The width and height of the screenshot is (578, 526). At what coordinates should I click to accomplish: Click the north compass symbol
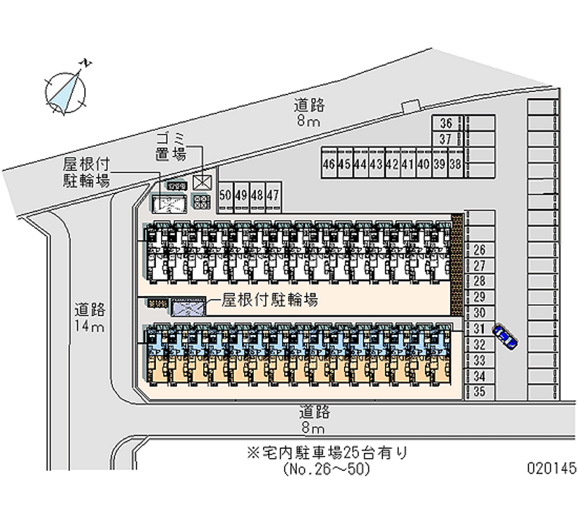pos(66,90)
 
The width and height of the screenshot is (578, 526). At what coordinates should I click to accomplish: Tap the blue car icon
pos(505,336)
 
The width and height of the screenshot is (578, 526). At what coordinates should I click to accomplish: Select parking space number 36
pos(446,124)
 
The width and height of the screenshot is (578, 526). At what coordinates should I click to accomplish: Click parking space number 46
pos(329,164)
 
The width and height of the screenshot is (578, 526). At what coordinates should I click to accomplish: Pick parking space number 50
pos(225,195)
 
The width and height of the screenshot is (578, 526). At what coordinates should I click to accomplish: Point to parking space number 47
pos(272,195)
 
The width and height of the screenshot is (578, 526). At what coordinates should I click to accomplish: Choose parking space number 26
pos(478,251)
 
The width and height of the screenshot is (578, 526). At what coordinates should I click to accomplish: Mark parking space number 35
pos(478,391)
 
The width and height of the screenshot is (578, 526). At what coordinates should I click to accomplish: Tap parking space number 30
pos(478,313)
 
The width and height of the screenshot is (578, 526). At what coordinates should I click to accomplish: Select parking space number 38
pos(456,164)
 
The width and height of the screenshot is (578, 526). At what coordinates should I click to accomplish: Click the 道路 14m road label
pos(90,318)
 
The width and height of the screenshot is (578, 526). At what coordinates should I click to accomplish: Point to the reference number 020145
pos(552,469)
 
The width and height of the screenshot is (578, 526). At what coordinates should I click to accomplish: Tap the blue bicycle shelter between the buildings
pos(187,307)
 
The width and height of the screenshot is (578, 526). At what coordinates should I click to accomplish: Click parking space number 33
pos(478,360)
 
